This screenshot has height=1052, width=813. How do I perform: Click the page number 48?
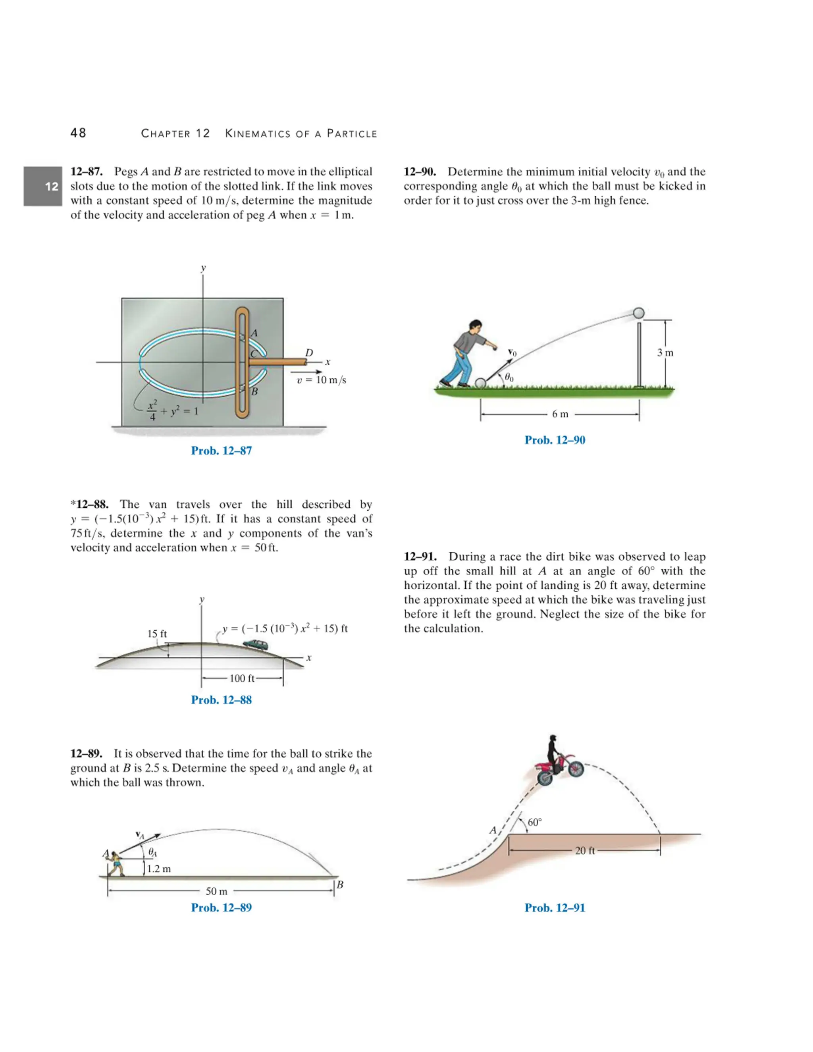pos(78,133)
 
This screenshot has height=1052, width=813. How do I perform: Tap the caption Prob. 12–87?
pos(221,451)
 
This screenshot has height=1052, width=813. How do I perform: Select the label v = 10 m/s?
pos(321,380)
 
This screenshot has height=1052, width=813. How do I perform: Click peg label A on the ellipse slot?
pos(254,333)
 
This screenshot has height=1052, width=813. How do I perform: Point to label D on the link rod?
pos(309,353)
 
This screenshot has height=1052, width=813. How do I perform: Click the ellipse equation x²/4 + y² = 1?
pos(172,411)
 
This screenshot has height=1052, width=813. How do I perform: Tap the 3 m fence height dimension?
pos(665,353)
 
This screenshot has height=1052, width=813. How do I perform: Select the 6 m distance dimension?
pos(560,414)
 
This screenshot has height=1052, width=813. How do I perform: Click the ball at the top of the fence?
pos(638,313)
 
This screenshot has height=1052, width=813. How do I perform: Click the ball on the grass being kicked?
pos(481,383)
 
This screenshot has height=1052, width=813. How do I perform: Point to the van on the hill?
pos(256,644)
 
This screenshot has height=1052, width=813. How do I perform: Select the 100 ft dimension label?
pos(242,678)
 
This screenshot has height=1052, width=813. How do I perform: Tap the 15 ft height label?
pos(157,634)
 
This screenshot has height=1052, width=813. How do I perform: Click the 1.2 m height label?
pos(159,869)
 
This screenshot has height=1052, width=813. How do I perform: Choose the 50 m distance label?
pos(216,891)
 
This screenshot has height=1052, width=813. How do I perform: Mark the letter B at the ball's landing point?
pos(340,884)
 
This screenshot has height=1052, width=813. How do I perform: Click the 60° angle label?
pos(535,822)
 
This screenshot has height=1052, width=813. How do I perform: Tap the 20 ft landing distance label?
pos(585,851)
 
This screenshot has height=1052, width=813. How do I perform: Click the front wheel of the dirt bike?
pos(576,769)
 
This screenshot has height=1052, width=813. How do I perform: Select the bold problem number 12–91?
pos(420,557)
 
